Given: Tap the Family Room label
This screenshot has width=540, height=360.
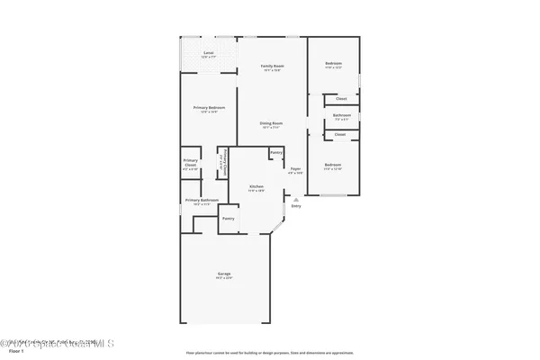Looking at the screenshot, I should pyautogui.click(x=272, y=67).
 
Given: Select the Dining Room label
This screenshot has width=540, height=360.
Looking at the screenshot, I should pyautogui.click(x=272, y=124).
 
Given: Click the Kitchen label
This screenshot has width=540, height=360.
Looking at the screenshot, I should pyautogui.click(x=256, y=187).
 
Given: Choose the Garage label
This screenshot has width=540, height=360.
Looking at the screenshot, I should pyautogui.click(x=223, y=274).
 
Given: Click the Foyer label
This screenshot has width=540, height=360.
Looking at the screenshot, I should pyautogui.click(x=295, y=169).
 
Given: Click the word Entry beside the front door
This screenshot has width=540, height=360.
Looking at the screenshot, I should pyautogui.click(x=296, y=206).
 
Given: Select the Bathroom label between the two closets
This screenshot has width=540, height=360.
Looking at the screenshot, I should pyautogui.click(x=341, y=116).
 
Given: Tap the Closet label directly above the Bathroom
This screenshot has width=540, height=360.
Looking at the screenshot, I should pyautogui.click(x=341, y=99).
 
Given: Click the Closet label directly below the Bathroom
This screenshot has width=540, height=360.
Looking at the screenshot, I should pyautogui.click(x=340, y=135).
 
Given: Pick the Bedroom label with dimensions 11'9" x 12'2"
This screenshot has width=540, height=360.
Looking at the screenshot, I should pyautogui.click(x=333, y=65).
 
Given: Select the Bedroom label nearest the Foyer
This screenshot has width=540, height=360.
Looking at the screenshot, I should pyautogui.click(x=333, y=166).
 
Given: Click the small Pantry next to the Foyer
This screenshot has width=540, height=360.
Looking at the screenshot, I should pyautogui.click(x=275, y=153).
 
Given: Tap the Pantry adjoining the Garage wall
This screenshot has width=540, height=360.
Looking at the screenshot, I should pyautogui.click(x=229, y=219).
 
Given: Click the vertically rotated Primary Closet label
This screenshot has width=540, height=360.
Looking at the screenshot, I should pyautogui.click(x=221, y=165).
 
